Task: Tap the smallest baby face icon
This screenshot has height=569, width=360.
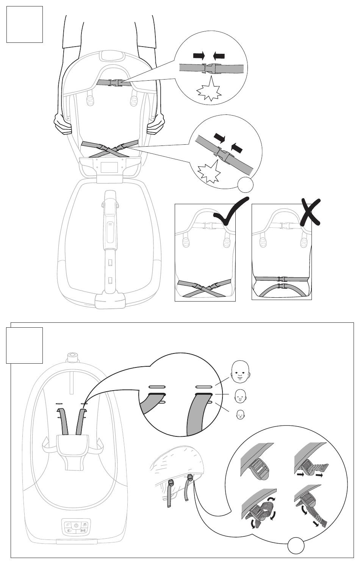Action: click(x=239, y=415)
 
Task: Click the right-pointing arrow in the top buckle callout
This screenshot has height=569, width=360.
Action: click(x=199, y=56)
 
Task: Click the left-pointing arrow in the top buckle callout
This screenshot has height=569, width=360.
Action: click(x=219, y=56)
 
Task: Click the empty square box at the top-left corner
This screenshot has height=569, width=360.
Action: click(x=25, y=24)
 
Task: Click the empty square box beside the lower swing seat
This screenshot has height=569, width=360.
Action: click(x=25, y=345)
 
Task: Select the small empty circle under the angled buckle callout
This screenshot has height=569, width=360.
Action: click(x=245, y=185)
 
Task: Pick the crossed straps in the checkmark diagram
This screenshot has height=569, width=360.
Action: click(x=205, y=288)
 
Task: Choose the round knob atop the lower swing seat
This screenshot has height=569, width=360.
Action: click(x=72, y=357)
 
